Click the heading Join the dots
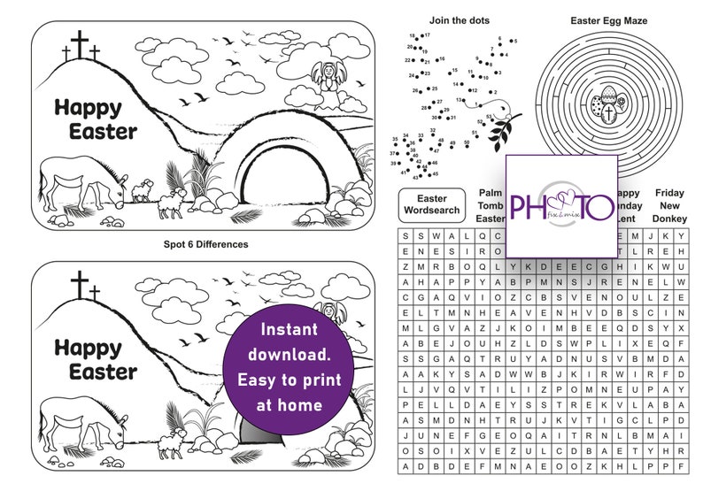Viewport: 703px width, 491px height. coord(460,19)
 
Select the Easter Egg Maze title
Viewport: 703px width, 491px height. coord(609,19)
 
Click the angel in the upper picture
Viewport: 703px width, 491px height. coord(327,79)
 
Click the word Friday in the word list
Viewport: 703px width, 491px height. coord(669,192)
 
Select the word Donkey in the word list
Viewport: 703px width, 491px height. coord(669,219)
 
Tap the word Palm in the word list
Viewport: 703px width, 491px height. coord(490,192)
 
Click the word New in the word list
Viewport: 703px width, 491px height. coord(669,205)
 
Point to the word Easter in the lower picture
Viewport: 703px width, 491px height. coord(103,372)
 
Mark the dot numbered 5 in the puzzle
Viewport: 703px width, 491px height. coord(512,42)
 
